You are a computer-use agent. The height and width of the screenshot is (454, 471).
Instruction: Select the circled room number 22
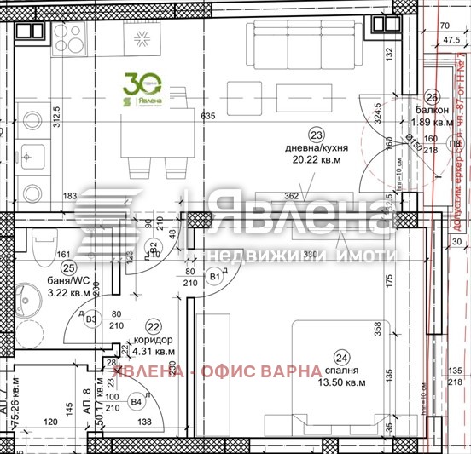(154, 325)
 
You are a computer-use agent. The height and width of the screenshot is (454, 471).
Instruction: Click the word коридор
(153, 338)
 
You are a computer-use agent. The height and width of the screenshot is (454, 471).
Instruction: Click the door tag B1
(215, 276)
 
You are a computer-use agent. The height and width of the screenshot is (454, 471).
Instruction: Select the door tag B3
(93, 319)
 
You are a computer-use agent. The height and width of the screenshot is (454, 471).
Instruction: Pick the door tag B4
(136, 400)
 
